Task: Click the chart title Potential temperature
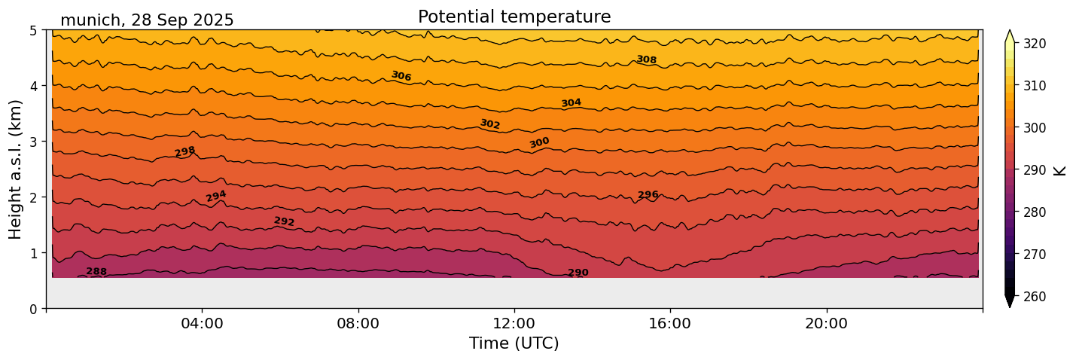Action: pos(514,17)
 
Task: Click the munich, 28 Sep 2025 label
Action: pos(147,20)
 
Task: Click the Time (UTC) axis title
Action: pos(514,343)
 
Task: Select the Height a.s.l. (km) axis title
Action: pos(16,169)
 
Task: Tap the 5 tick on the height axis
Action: pos(34,31)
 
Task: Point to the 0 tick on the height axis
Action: pos(34,309)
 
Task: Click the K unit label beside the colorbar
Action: pos(1060,170)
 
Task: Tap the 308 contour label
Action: pos(646,59)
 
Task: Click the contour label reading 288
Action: pos(96,271)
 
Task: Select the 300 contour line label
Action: pos(539,142)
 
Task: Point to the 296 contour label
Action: pos(648,195)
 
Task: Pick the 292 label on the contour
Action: pos(284,221)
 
